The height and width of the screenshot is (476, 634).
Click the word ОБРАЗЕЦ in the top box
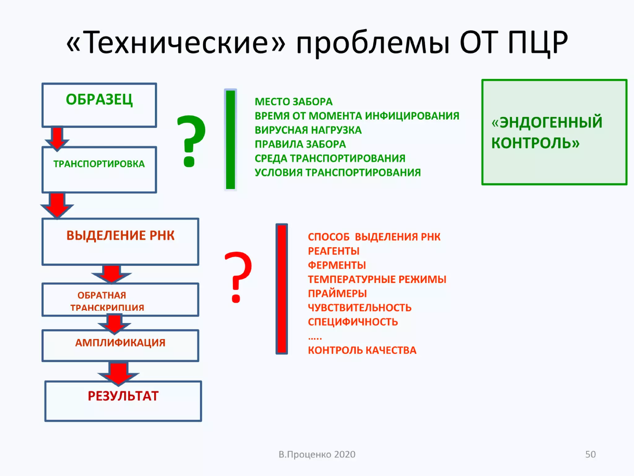click(99, 99)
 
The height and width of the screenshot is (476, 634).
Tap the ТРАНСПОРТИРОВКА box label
click(99, 164)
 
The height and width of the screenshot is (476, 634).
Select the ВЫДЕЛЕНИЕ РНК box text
click(120, 236)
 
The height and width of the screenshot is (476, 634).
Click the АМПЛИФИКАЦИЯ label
click(120, 342)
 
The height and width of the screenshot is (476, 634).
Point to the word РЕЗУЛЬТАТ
click(123, 396)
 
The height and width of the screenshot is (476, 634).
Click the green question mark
click(191, 141)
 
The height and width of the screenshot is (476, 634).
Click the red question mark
click(237, 277)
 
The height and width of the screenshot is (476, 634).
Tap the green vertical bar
click(230, 140)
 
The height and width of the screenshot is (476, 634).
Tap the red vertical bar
click(282, 289)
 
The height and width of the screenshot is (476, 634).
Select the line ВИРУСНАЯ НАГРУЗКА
click(308, 130)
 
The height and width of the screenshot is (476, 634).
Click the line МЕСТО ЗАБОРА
click(293, 102)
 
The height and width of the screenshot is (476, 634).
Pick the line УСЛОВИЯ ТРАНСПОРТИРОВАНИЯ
click(338, 173)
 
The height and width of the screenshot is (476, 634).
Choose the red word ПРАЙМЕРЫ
click(337, 293)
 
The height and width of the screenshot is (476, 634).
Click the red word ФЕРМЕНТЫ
click(337, 265)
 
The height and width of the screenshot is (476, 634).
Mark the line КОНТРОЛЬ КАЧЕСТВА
click(362, 350)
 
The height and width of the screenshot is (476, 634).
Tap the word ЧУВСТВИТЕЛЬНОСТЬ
click(359, 308)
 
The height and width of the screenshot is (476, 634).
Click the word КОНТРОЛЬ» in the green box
click(535, 143)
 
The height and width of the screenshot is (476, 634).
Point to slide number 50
click(590, 454)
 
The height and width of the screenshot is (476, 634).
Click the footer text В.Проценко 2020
click(317, 454)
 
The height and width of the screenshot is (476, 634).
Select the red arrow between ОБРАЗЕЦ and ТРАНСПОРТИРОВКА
click(57, 138)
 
